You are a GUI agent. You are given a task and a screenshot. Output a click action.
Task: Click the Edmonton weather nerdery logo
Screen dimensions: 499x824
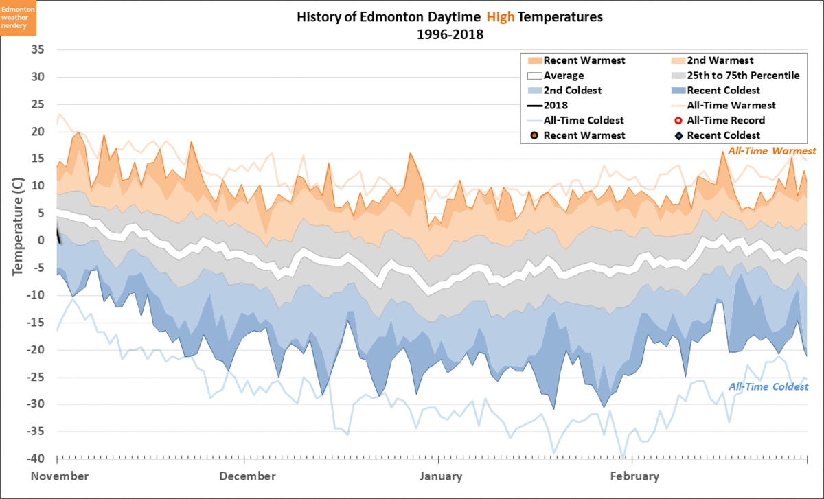coord(19,16)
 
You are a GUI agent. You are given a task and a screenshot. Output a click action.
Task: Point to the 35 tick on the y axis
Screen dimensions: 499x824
coord(38,50)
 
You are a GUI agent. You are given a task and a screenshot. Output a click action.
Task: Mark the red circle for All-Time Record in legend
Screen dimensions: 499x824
coord(678,121)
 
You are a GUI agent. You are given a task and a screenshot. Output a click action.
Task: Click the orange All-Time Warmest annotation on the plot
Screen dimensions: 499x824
coord(772,151)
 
